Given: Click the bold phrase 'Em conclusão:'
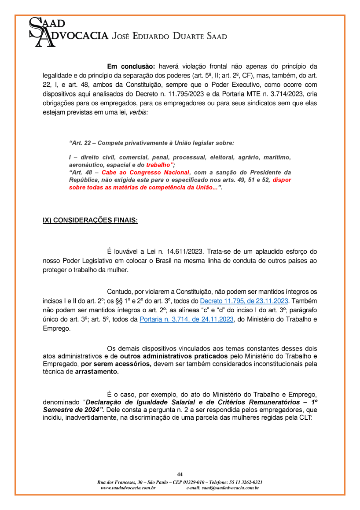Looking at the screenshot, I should pyautogui.click(x=131, y=67).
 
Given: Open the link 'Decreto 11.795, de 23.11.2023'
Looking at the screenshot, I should pyautogui.click(x=244, y=301).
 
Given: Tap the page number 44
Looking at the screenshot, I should pyautogui.click(x=180, y=474).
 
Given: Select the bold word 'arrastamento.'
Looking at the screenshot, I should pyautogui.click(x=97, y=372).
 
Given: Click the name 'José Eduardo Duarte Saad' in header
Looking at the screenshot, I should pyautogui.click(x=170, y=36).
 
